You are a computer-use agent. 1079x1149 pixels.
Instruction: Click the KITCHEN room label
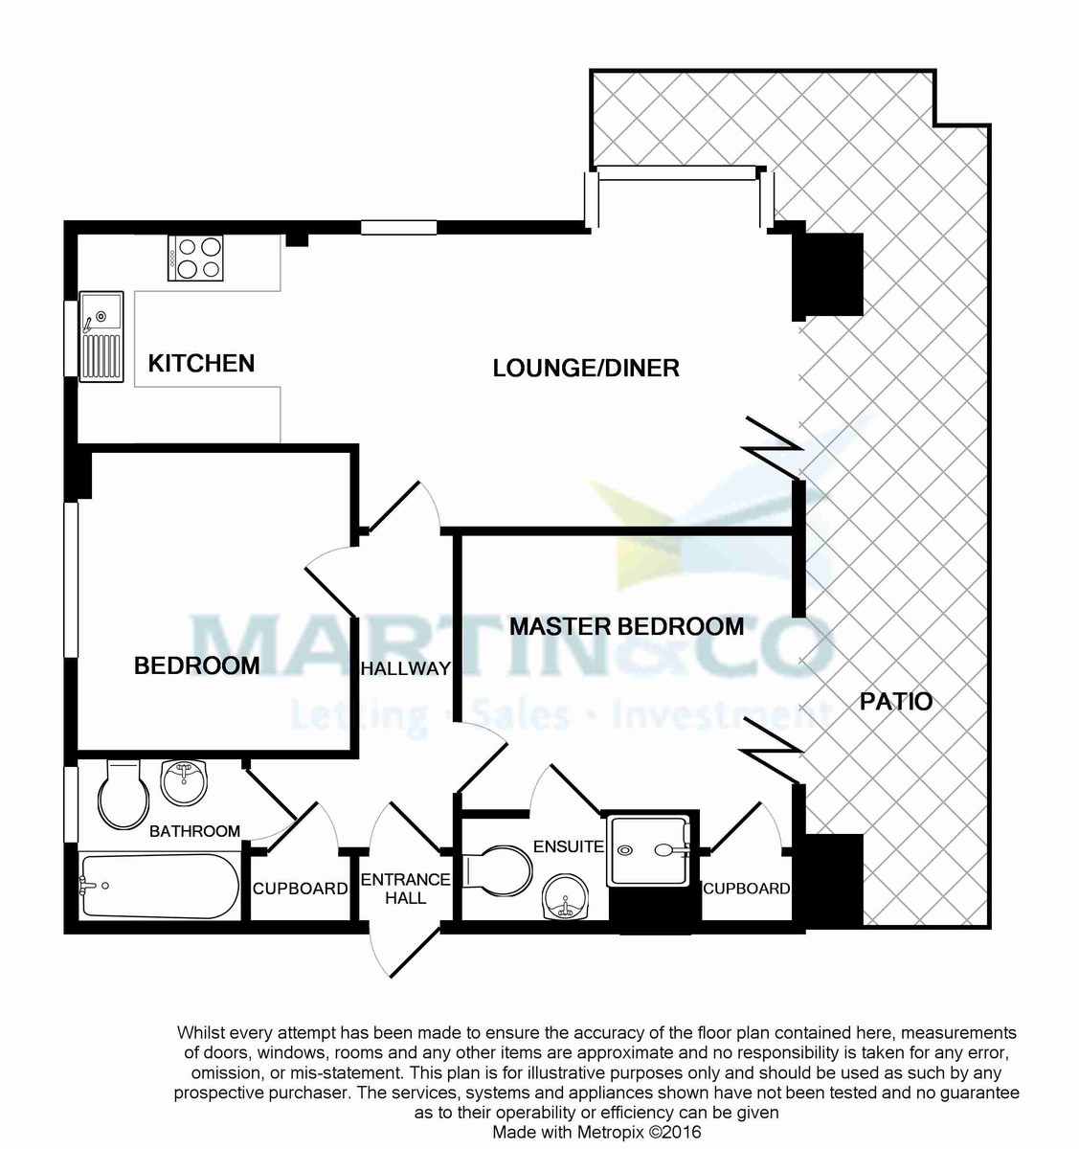coord(201,363)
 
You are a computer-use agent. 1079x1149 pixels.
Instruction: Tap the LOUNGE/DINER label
coord(586,368)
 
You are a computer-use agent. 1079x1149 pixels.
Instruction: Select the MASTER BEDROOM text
coord(626,626)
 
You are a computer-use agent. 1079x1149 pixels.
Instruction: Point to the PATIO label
coord(896,701)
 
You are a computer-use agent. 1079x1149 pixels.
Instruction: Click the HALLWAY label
coord(406,668)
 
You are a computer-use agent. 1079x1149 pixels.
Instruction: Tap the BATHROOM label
coord(194,831)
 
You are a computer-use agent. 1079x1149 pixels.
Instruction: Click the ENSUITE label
coord(568,846)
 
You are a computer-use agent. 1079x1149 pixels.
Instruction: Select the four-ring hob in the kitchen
coord(195,258)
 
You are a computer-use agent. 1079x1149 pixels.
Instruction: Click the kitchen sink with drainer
coord(101,336)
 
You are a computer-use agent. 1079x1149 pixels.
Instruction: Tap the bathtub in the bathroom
coord(160,887)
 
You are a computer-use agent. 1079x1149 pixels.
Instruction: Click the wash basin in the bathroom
coord(184,781)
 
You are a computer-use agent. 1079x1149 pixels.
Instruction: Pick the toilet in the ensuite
coord(498,872)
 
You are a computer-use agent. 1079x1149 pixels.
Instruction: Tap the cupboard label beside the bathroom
coord(301,888)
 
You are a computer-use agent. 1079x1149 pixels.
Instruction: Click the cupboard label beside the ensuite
coord(747,888)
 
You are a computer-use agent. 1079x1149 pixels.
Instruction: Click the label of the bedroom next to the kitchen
coord(196,665)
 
